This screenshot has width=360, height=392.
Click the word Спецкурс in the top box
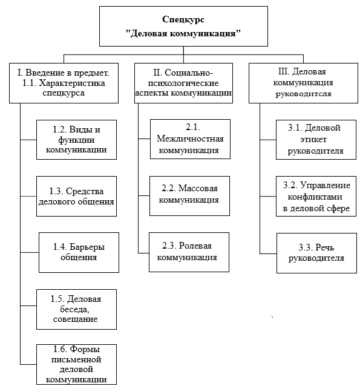click(x=183, y=19)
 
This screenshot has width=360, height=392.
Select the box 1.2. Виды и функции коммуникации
click(x=76, y=140)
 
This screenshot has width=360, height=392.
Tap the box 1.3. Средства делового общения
click(x=76, y=196)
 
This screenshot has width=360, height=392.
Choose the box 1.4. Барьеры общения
click(x=79, y=252)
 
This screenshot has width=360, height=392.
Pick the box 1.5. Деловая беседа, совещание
click(x=76, y=309)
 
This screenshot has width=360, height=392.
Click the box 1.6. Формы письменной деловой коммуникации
click(x=76, y=364)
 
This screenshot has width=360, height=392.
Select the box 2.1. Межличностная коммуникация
click(x=190, y=139)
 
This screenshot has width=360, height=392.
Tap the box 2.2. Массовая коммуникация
click(x=189, y=196)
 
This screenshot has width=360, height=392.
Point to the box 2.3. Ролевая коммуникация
click(x=189, y=252)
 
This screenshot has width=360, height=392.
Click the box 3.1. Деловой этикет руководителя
click(x=316, y=140)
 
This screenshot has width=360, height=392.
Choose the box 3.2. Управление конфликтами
click(x=316, y=196)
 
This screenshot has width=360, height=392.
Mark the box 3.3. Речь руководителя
click(x=316, y=253)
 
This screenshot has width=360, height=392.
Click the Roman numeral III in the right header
click(x=284, y=71)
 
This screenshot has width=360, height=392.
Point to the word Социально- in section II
click(x=189, y=73)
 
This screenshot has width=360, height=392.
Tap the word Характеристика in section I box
click(x=72, y=83)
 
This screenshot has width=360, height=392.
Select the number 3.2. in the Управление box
click(x=290, y=185)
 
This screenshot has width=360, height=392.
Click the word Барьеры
click(x=87, y=247)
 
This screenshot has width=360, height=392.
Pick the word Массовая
click(x=198, y=188)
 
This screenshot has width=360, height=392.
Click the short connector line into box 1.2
click(x=28, y=140)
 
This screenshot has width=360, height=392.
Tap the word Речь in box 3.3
click(x=324, y=247)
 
